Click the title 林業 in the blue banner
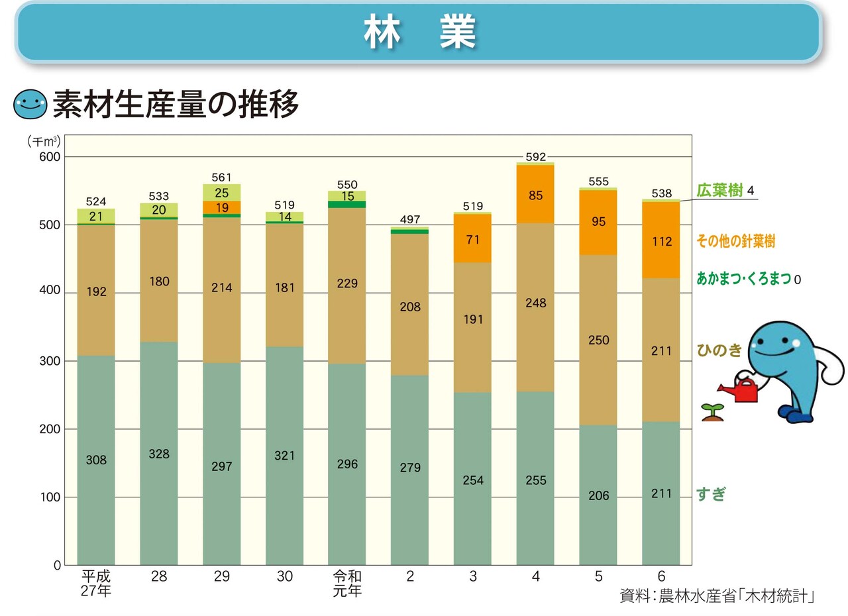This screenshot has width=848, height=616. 419,32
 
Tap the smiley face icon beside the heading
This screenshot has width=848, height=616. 30,104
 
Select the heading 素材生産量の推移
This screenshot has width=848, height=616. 176,104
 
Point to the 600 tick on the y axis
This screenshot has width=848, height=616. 52,157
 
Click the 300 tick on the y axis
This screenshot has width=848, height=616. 52,361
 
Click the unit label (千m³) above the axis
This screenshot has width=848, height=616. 44,140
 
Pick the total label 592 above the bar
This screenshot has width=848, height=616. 535,157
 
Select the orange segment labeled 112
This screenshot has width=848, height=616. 661,241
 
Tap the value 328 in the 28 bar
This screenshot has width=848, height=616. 159,454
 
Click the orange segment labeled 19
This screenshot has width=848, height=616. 221,207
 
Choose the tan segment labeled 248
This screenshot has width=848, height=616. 535,303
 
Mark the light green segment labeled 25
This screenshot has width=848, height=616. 221,193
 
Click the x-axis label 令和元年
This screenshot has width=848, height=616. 347,583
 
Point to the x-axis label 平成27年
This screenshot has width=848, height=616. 96,583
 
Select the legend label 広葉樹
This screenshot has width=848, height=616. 719,191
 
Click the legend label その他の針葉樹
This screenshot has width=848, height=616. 735,242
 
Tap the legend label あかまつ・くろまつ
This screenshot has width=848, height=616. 743,279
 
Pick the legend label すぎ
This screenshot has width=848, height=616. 710,493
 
